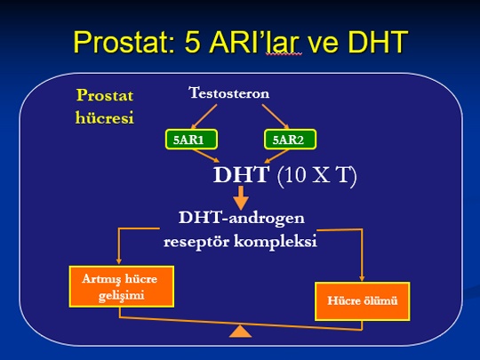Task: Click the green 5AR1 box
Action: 191,140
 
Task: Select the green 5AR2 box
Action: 290,140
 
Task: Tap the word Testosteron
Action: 229,93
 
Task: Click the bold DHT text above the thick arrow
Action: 241,175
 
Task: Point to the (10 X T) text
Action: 316,175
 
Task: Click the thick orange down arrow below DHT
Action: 241,197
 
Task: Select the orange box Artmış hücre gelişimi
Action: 122,286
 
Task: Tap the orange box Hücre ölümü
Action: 363,301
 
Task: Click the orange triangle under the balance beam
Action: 240,332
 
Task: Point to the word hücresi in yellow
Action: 105,117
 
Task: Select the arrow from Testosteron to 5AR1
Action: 204,116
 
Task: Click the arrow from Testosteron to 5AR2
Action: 276,116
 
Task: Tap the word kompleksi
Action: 276,242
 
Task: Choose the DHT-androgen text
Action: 242,219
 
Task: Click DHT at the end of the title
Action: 378,42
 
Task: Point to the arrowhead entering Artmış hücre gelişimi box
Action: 119,261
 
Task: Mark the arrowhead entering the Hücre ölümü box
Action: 362,278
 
